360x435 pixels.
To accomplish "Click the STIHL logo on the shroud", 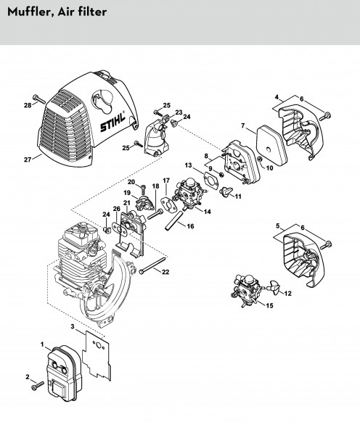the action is coord(112,123).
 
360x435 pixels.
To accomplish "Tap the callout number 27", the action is coord(28,159).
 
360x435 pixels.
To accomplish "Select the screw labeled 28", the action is coord(38,99).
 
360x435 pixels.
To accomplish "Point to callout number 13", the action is coord(188,165).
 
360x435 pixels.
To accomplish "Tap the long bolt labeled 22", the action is coord(152,265).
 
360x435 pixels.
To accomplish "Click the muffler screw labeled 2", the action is coord(38,386).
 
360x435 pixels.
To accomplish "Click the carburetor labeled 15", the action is coord(247,289).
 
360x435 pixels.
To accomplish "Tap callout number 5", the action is coord(278,225).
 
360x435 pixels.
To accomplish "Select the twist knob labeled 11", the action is coord(226,191).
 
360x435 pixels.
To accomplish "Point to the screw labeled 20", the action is coord(144,189).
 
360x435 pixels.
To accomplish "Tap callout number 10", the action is coord(269,168).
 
